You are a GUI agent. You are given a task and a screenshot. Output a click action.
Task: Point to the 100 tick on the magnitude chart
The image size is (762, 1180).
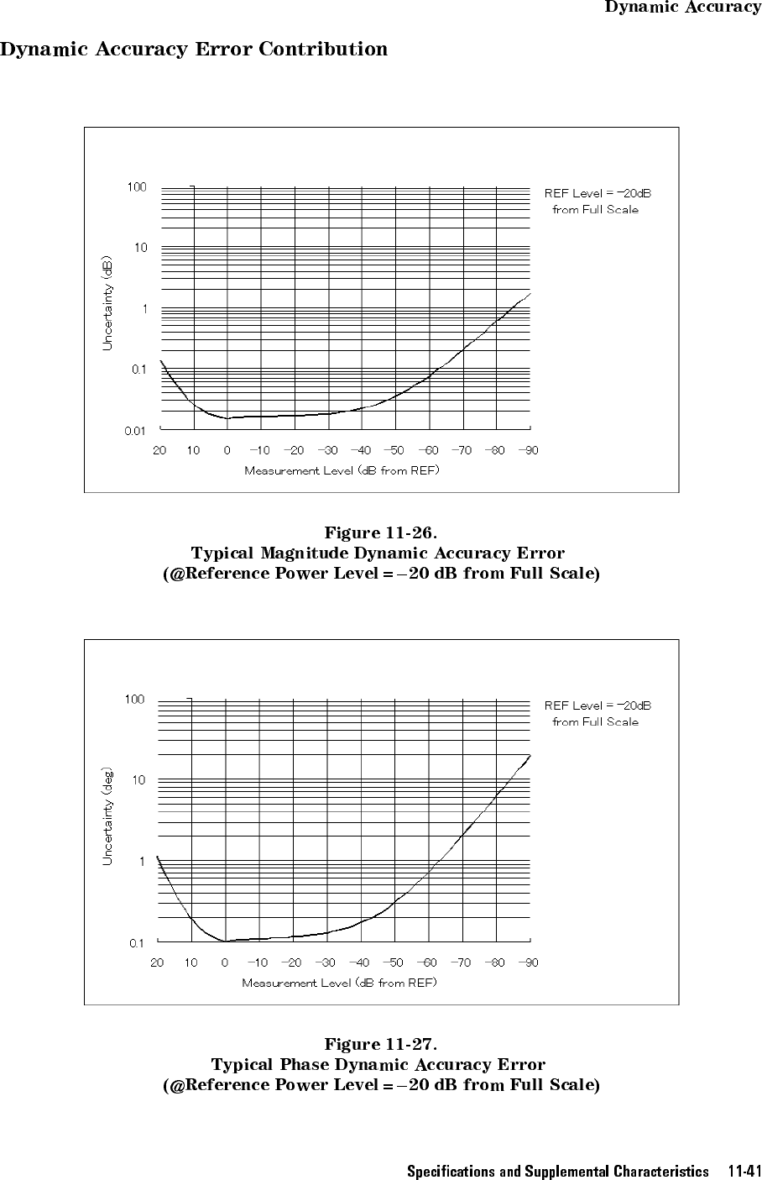point(137,187)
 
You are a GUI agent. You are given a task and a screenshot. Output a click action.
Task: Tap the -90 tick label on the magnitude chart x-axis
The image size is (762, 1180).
point(528,450)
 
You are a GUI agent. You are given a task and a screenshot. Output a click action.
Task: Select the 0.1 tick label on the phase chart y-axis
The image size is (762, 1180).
point(136,943)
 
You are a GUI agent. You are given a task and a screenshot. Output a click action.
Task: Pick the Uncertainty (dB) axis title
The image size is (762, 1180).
point(107,304)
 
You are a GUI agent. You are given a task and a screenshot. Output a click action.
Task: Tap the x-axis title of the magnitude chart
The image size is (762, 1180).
point(342,470)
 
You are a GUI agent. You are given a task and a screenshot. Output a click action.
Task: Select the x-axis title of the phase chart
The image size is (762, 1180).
point(339,983)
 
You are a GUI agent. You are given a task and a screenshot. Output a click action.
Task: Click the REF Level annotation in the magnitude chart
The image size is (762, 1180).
point(598,202)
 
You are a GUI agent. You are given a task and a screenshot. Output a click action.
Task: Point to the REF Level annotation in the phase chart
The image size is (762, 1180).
point(598,713)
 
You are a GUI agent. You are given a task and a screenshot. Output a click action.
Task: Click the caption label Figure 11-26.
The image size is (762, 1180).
point(381,533)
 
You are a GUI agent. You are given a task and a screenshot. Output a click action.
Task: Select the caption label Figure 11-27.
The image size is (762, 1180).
point(381,1045)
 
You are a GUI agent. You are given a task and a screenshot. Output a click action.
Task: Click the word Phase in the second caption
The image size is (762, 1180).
point(303,1065)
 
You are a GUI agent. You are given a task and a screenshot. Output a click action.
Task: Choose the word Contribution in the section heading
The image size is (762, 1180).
point(323,49)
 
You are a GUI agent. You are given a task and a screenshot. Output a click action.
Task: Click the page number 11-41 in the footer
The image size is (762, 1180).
point(744,1171)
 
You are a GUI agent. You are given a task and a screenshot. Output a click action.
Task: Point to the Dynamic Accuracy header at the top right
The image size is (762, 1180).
point(683,8)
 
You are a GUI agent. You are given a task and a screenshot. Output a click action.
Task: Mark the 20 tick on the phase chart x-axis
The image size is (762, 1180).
point(157,962)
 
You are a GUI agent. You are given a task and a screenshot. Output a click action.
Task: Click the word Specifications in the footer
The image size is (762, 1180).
point(451,1171)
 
